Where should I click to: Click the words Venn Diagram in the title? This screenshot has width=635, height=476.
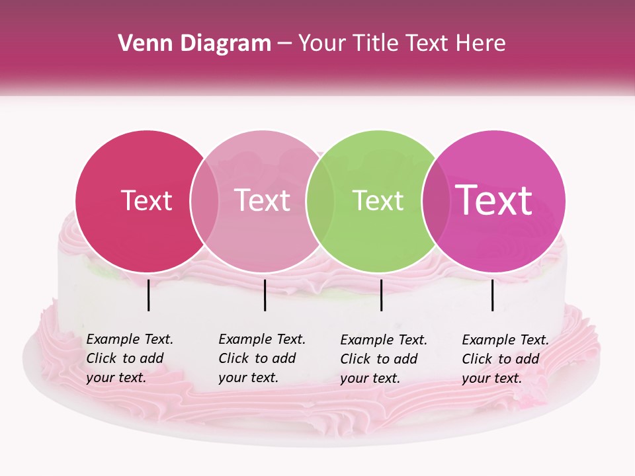[x=194, y=44]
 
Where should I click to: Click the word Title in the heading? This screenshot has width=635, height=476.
[x=370, y=44]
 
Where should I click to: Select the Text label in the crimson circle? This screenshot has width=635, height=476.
[x=146, y=201]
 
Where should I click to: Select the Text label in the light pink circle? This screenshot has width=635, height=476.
[x=262, y=201]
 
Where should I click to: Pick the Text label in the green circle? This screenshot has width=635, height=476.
[x=378, y=201]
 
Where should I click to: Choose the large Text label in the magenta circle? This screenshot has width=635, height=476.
[x=493, y=200]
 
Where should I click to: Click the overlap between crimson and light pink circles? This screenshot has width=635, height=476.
[x=204, y=201]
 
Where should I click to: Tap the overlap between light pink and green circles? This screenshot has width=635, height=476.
[x=319, y=201]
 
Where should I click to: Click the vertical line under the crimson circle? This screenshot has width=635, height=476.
[x=148, y=295]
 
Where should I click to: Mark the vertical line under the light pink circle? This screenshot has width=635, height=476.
[x=265, y=295]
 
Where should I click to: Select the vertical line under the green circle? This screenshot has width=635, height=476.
[x=381, y=295]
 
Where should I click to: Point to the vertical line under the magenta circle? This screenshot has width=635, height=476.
[x=492, y=295]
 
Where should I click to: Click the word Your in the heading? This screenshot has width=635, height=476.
[x=322, y=44]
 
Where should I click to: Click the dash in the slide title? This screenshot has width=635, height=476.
[x=284, y=44]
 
